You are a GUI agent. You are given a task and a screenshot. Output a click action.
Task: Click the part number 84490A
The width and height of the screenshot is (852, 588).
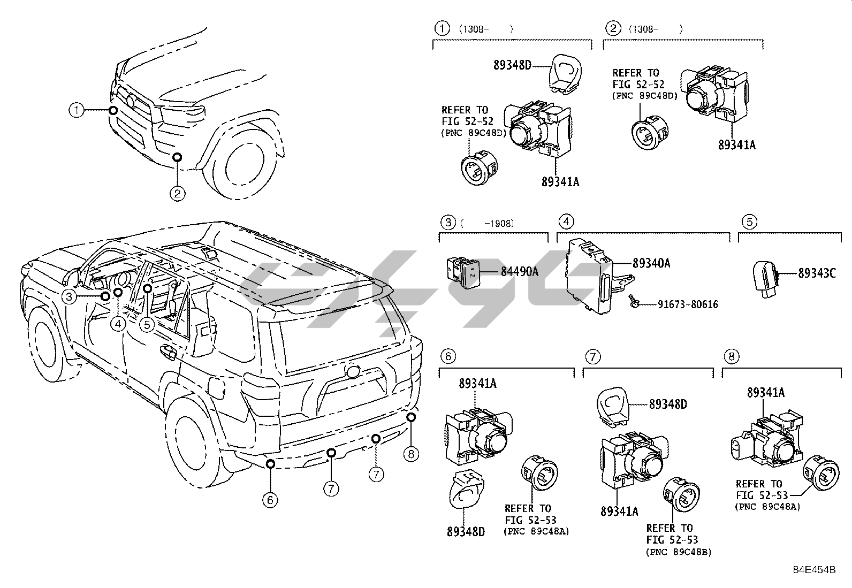[520, 272]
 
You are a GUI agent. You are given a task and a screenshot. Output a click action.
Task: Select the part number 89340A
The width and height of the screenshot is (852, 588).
[651, 263]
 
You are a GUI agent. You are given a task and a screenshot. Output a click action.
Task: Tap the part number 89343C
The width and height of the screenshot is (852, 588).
[817, 273]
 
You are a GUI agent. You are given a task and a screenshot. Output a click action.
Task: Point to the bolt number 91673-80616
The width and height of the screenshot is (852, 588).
[688, 304]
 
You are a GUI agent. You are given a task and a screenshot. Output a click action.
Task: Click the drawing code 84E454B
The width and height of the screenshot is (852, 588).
[814, 570]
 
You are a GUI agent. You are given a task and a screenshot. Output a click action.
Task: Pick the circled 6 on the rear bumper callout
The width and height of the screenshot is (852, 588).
[270, 500]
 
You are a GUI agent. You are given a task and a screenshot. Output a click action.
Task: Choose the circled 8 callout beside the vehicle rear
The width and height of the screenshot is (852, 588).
[411, 454]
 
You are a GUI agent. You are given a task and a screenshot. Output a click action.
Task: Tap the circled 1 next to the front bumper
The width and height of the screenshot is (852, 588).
[77, 110]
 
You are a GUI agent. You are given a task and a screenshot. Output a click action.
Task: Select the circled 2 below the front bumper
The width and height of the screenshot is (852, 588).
[177, 194]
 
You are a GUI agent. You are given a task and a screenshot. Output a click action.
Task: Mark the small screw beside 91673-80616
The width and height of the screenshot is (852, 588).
[634, 302]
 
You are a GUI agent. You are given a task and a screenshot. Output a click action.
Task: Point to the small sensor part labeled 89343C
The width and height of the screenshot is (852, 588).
[765, 278]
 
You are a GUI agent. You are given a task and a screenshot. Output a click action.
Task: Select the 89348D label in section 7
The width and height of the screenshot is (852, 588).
[668, 404]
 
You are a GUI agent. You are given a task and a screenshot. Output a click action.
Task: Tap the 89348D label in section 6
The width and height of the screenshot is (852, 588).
[466, 531]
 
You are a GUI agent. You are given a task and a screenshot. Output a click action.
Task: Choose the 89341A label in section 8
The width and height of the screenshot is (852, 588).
[766, 393]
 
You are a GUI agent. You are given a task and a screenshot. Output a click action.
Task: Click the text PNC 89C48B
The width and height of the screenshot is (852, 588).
[679, 552]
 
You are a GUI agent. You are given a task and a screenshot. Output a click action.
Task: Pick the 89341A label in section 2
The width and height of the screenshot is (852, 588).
[737, 145]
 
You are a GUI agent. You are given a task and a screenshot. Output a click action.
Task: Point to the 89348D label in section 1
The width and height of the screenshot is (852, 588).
[512, 65]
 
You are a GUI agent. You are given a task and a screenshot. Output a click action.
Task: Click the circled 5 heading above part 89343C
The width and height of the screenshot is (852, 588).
[750, 222]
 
